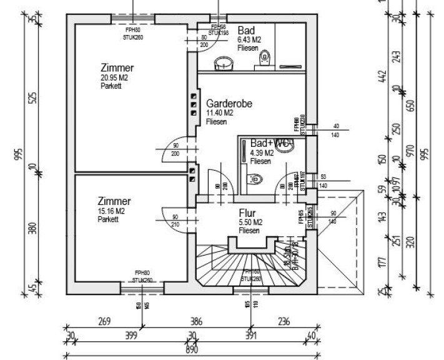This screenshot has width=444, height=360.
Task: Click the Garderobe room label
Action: (x=229, y=104)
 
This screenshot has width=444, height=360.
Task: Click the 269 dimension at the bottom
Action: (x=104, y=322)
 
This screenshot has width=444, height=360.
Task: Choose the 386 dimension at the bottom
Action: (x=197, y=322)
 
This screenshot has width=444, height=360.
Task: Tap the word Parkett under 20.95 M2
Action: (x=111, y=86)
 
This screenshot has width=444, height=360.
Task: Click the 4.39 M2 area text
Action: (x=262, y=152)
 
